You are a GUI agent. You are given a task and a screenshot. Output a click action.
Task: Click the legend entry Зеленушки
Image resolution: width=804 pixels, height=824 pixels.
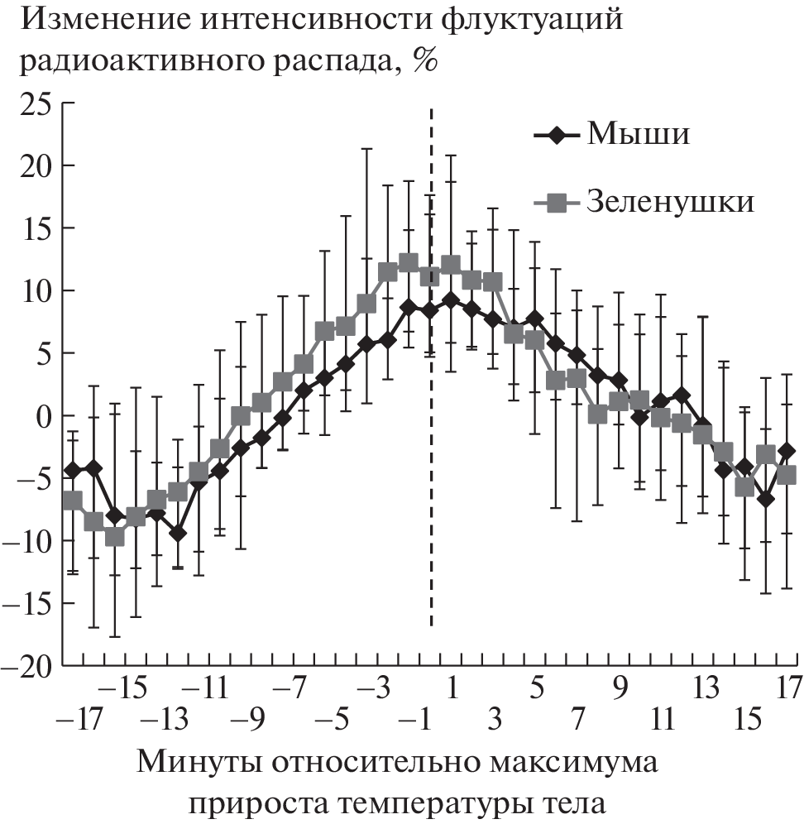[670, 201]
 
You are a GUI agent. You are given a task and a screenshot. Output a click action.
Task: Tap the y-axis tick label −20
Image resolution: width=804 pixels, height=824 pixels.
[30, 665]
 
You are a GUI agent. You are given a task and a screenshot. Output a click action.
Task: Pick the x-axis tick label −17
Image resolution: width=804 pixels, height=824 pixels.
[79, 721]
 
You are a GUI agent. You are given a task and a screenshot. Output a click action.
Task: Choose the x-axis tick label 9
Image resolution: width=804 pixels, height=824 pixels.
[620, 687]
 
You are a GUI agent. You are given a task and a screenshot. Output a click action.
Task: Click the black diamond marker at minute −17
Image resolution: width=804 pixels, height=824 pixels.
[73, 469]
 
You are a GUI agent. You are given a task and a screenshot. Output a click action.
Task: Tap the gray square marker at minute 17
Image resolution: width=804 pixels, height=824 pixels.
[787, 475]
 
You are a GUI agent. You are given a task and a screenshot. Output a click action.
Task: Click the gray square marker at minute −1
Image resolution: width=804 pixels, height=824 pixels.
[409, 263]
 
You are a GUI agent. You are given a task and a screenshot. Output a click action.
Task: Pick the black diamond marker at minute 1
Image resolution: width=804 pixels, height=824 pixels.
[451, 300]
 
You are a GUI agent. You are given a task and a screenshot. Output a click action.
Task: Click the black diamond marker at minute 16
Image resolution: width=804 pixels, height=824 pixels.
[766, 499]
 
